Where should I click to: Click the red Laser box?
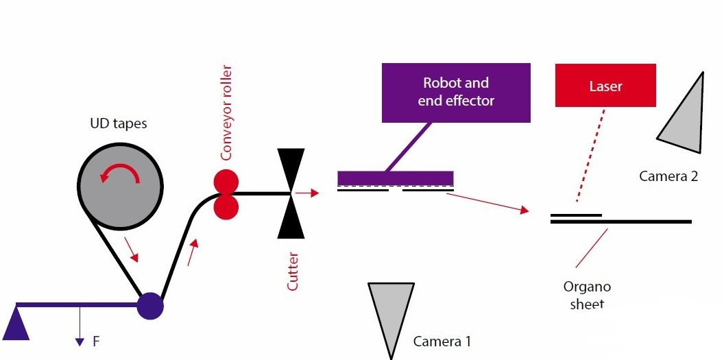click(605, 86)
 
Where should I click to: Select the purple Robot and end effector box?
click(456, 93)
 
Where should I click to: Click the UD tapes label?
click(119, 124)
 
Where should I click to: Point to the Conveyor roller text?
click(227, 113)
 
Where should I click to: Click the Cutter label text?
click(293, 271)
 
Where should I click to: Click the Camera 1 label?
click(442, 341)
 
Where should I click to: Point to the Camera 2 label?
click(668, 176)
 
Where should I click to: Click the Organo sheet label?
click(587, 295)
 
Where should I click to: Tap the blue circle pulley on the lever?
click(150, 305)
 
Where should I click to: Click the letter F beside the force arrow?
click(96, 341)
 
